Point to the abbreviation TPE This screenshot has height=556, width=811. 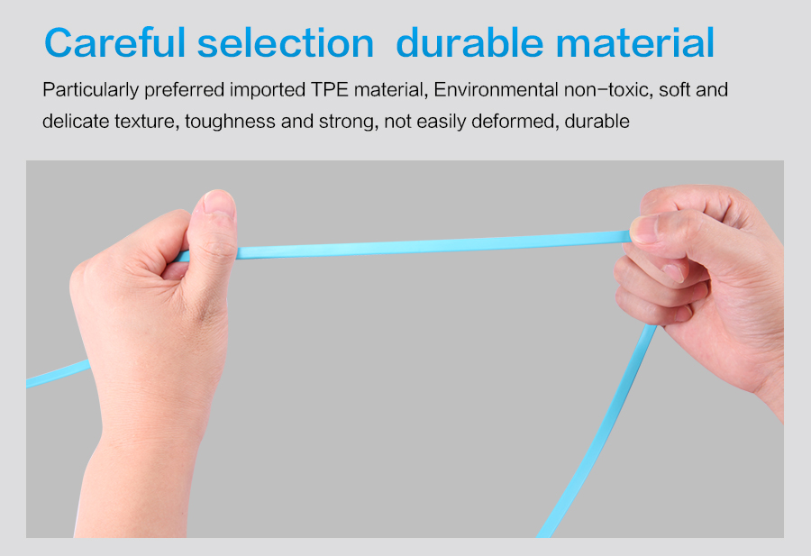[x=330, y=90]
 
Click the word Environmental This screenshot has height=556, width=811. [x=496, y=90]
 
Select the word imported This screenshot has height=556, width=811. [x=268, y=91]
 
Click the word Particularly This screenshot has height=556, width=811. [x=90, y=91]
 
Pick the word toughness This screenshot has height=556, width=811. [x=230, y=122]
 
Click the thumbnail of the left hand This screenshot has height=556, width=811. [x=219, y=202]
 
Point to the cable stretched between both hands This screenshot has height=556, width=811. [x=433, y=244]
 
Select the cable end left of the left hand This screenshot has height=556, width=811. [x=58, y=373]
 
